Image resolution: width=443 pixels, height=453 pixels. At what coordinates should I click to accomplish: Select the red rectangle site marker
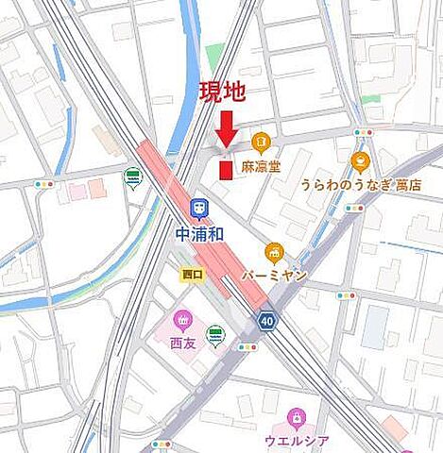click(225, 169)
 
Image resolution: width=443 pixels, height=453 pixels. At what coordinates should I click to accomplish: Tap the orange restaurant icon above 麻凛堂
click(262, 143)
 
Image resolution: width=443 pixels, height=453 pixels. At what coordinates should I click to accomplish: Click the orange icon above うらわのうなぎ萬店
click(360, 161)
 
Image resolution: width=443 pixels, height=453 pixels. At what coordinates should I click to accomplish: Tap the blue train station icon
click(199, 208)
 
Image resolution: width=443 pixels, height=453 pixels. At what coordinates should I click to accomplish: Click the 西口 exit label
click(193, 274)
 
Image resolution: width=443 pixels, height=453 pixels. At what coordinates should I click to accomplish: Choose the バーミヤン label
click(275, 274)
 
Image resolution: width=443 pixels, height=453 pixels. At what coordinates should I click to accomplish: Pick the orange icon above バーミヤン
click(275, 251)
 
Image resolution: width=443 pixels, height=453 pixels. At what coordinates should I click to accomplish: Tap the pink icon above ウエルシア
click(296, 416)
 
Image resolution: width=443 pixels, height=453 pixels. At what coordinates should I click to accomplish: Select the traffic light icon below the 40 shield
click(248, 347)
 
